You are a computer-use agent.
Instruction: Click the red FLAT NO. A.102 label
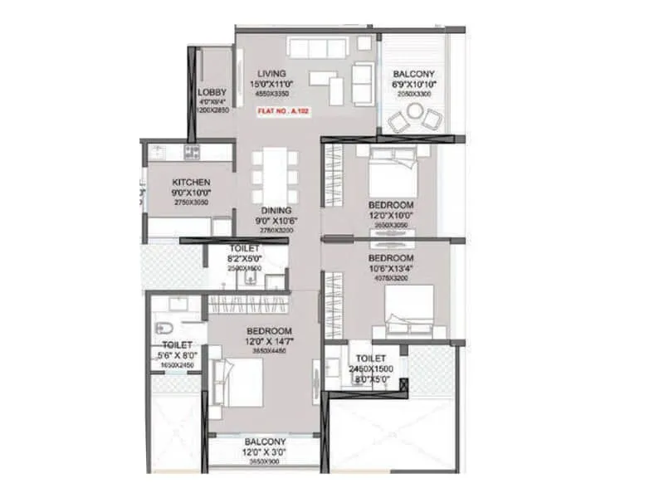point(284,110)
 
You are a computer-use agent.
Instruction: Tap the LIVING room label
point(271,74)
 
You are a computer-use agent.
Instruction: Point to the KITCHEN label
point(191,183)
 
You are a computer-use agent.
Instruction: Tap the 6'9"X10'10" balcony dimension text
point(414,85)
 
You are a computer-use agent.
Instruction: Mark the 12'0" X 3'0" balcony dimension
point(265,452)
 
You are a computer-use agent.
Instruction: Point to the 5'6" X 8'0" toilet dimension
point(178,355)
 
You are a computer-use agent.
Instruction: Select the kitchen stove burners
point(192,152)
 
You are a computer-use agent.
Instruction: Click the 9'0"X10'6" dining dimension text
point(276,222)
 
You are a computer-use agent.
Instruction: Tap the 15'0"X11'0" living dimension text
point(271,85)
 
